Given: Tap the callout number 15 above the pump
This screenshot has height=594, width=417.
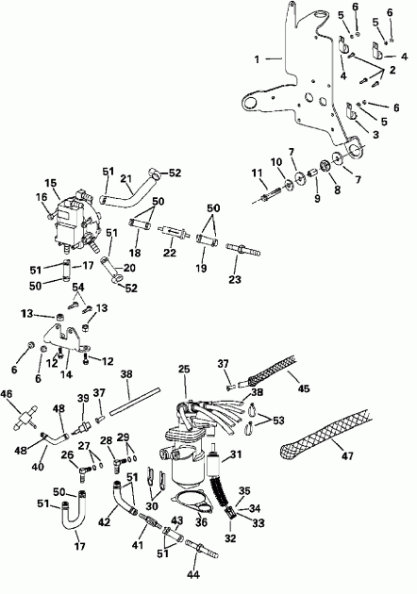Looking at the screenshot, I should click(x=51, y=182).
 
